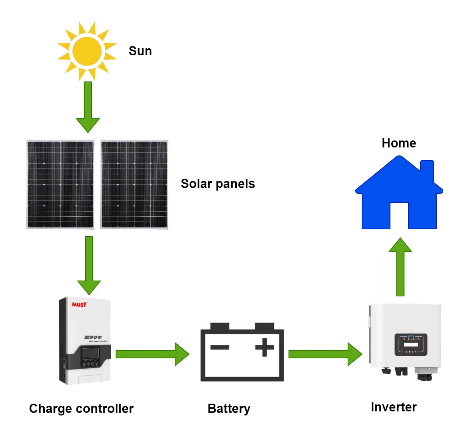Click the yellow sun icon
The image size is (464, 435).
(87, 51)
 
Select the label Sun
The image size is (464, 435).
(140, 51)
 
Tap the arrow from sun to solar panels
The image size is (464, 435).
(88, 107)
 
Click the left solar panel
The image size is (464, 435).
(60, 184)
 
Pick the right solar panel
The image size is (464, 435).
(134, 184)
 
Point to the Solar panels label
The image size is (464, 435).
(218, 184)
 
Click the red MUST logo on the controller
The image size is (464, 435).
(79, 304)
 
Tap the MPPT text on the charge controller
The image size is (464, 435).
(93, 337)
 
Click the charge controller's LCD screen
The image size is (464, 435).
(90, 353)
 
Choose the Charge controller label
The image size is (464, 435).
(81, 408)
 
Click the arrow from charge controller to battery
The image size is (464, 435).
(152, 354)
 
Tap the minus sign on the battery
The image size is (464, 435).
(220, 347)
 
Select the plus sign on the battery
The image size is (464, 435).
(265, 347)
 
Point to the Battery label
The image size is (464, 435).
(229, 408)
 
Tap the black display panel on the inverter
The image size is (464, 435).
(411, 345)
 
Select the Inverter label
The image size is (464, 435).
(393, 407)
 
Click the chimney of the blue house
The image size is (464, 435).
(427, 170)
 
